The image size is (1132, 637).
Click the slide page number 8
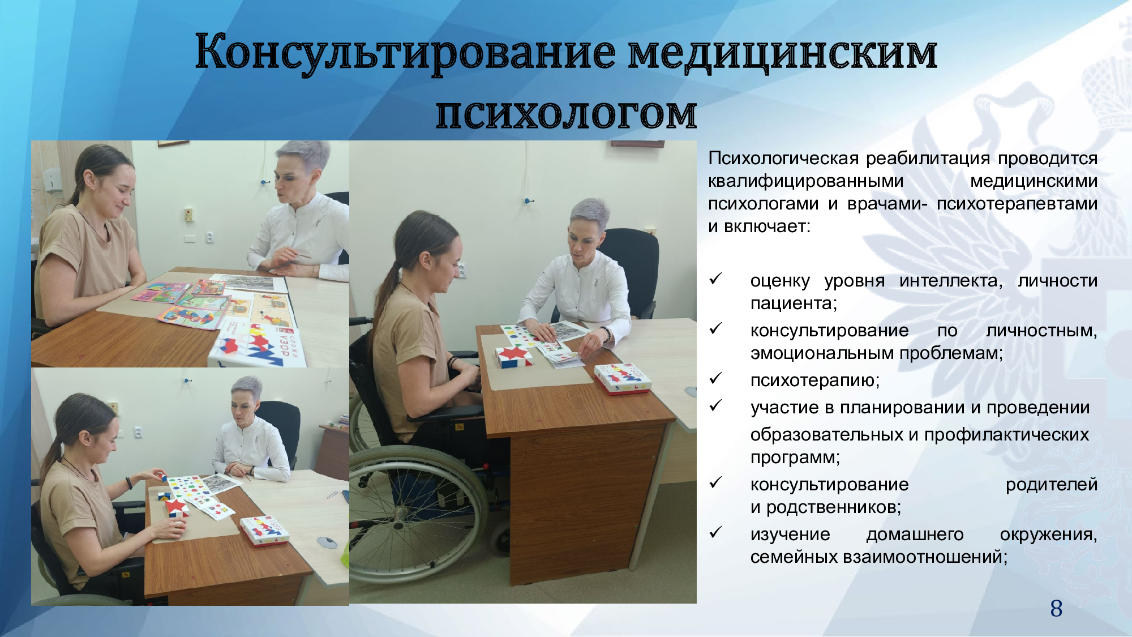click(x=1056, y=609)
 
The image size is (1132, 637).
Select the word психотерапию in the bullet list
click(x=815, y=381)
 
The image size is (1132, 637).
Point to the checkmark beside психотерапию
click(x=716, y=378)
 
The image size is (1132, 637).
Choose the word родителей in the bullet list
click(x=1052, y=485)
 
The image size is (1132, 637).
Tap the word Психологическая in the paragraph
click(x=784, y=159)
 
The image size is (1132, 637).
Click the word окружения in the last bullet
click(x=1048, y=535)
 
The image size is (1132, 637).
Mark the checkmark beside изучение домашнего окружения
click(x=716, y=532)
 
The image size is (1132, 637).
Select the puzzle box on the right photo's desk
click(x=623, y=378)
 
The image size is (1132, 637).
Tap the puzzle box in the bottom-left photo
click(x=264, y=531)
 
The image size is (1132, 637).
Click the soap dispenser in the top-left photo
click(x=52, y=180)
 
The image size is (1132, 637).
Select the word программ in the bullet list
click(x=795, y=458)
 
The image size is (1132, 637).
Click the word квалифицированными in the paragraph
click(x=806, y=182)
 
